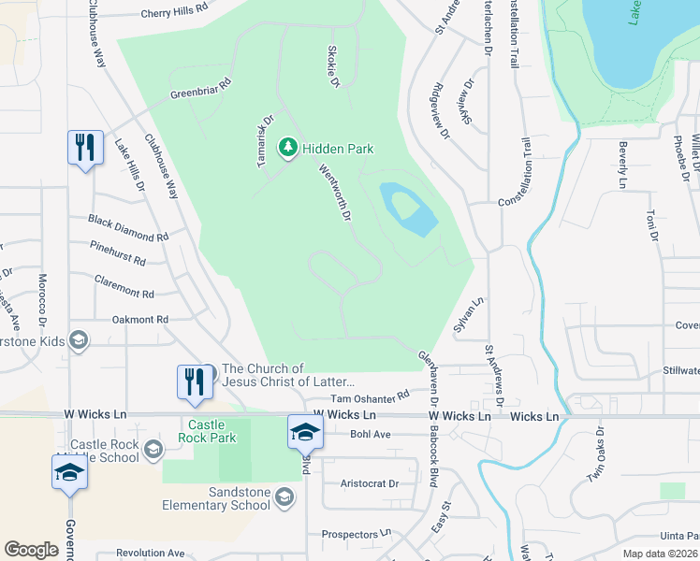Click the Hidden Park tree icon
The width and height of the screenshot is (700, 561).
pyautogui.click(x=288, y=148)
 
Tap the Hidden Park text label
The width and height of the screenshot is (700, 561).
pyautogui.click(x=337, y=149)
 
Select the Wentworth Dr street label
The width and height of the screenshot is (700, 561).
pyautogui.click(x=334, y=193)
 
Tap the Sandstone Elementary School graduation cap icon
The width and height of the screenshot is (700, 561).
pyautogui.click(x=284, y=499)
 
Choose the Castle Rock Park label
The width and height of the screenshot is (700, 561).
pyautogui.click(x=210, y=431)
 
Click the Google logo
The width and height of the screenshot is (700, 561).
pyautogui.click(x=31, y=550)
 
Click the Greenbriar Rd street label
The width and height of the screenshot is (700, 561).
pyautogui.click(x=200, y=89)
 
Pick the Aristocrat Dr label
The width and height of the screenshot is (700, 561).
pyautogui.click(x=370, y=483)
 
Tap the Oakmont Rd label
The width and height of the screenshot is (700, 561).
pyautogui.click(x=140, y=319)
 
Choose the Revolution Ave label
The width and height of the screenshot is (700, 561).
pyautogui.click(x=150, y=554)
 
